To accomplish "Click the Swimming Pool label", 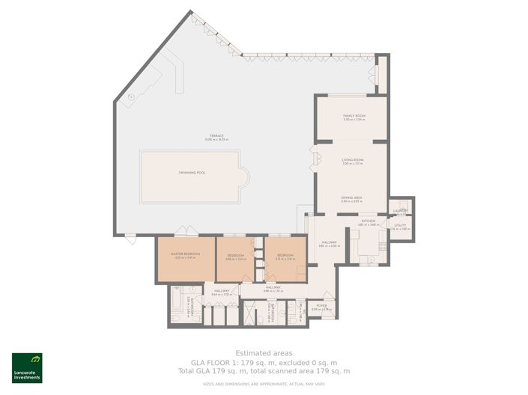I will click(x=192, y=173).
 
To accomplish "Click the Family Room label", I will click(x=353, y=117).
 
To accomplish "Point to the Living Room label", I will click(x=352, y=160).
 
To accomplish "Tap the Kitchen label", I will click(x=368, y=222).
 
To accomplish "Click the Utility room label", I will click(x=400, y=227).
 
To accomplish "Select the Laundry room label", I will click(x=400, y=212).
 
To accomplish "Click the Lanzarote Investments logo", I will click(x=26, y=367).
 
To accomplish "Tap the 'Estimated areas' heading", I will click(x=264, y=353).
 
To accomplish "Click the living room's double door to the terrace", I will click(x=316, y=160).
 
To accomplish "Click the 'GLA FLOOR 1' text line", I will click(x=264, y=362).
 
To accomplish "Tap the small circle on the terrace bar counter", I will click(x=131, y=97).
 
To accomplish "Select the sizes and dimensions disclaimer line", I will click(x=264, y=384).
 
